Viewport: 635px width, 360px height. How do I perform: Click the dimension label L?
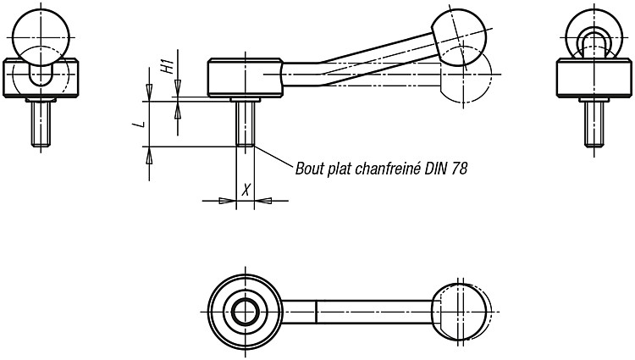pos(140,124)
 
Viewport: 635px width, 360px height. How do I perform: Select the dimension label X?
pos(246,189)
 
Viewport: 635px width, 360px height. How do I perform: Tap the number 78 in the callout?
pos(459,168)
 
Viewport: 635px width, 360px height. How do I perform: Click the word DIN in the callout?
pos(435,168)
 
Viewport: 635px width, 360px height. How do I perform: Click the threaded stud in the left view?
pos(41,124)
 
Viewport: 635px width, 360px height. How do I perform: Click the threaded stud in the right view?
pos(594,124)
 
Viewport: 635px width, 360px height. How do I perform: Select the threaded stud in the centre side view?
pos(245,124)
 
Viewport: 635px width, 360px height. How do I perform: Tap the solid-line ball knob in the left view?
pos(41,37)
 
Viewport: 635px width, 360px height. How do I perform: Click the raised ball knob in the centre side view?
pos(459,37)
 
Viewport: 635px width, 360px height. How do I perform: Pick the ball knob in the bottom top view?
pos(460,312)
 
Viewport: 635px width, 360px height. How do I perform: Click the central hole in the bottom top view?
pos(246,312)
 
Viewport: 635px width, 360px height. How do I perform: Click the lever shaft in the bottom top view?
pos(357,312)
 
